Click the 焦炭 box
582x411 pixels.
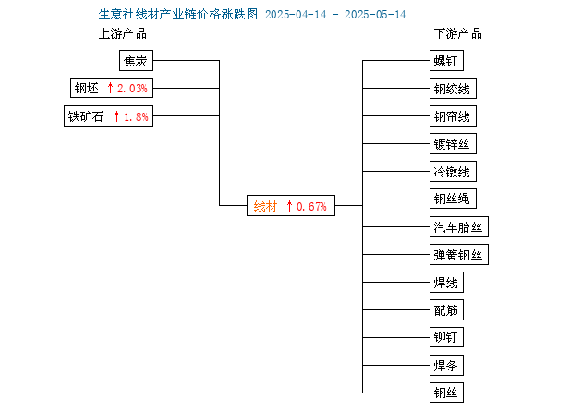pos(136,60)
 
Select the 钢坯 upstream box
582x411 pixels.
pos(112,88)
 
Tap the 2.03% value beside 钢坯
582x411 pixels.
pos(132,89)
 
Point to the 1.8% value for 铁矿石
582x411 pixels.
pos(136,117)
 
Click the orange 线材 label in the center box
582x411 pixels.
pos(265,206)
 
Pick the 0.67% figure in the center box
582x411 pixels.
pos(311,206)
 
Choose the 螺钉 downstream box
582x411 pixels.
pos(446,60)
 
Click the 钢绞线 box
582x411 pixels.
pos(453,89)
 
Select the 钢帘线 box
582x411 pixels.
pos(453,116)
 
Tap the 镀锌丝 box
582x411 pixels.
pos(453,143)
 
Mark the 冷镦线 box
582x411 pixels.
pos(453,172)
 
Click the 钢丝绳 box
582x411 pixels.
pos(453,199)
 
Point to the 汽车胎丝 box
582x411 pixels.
pos(459,226)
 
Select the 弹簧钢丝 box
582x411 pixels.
pos(459,255)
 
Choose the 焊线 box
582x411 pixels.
pos(446,283)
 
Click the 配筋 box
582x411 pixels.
pos(446,309)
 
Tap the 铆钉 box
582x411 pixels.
pos(446,337)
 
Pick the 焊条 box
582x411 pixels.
pos(446,365)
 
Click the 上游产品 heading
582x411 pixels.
pos(123,34)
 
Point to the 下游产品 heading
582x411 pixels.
pos(457,34)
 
